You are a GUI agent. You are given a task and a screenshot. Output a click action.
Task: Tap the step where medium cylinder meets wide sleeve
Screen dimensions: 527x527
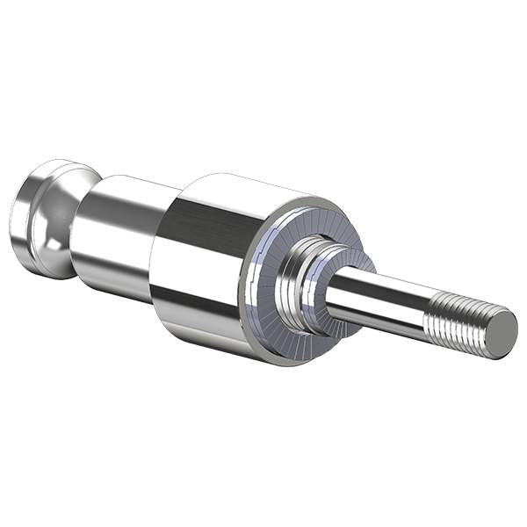(x=156, y=255)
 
